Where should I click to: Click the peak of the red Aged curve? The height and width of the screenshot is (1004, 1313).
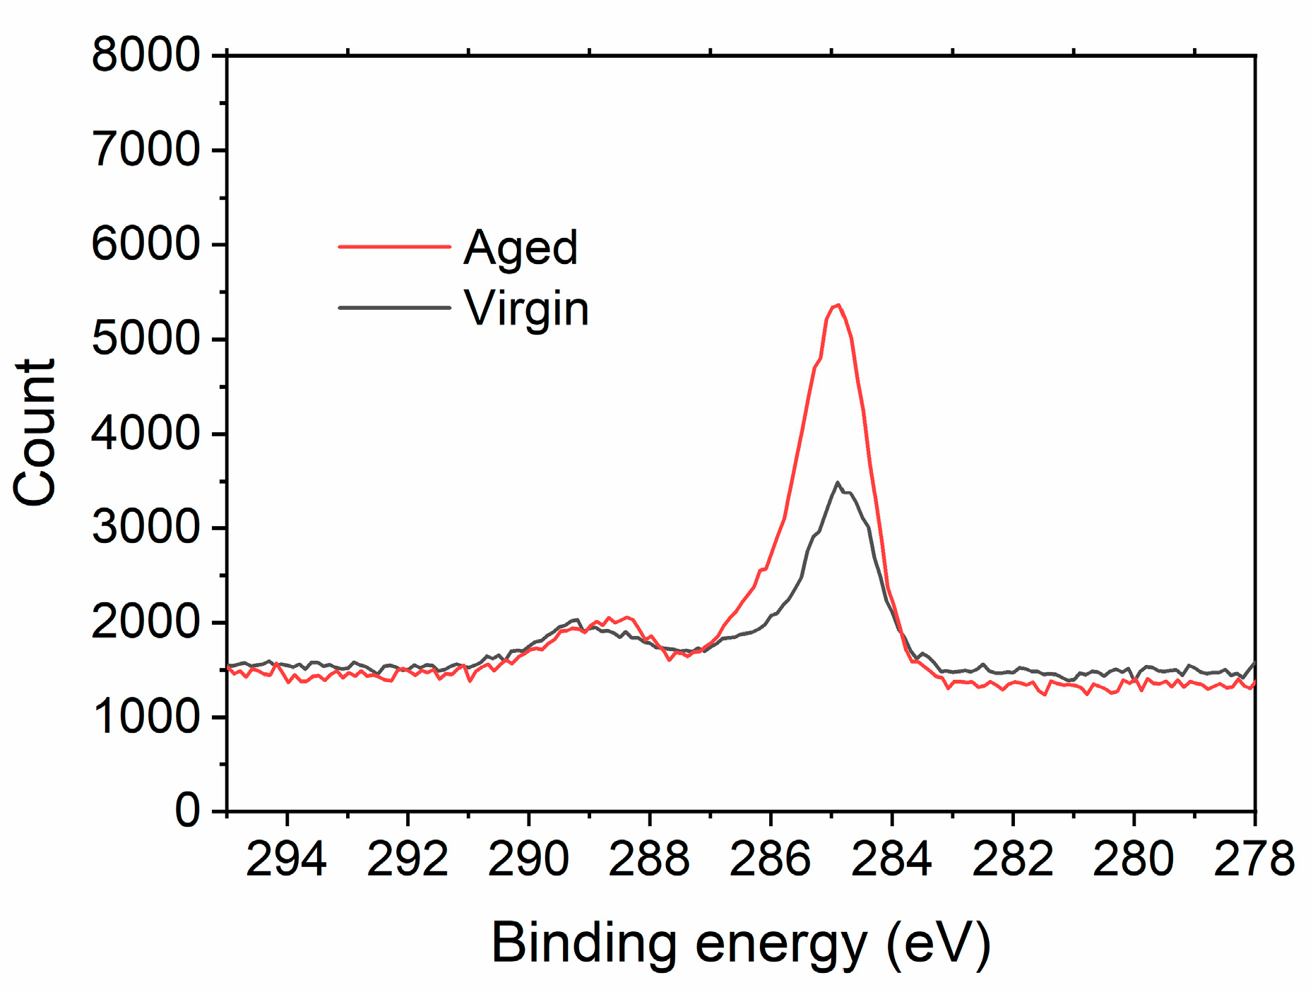[838, 305]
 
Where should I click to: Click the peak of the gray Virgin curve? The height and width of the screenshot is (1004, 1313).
[838, 483]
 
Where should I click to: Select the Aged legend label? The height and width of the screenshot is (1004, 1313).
[521, 248]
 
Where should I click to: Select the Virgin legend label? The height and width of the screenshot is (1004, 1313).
[526, 309]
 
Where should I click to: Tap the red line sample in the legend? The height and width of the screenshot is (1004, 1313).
[394, 246]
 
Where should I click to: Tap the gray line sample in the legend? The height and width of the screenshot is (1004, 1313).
[394, 308]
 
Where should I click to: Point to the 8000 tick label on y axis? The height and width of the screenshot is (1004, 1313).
[145, 55]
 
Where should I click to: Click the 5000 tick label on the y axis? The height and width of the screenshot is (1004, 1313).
[145, 339]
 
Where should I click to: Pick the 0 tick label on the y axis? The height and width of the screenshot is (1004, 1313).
[187, 810]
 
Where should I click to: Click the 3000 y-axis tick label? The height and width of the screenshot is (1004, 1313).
[145, 527]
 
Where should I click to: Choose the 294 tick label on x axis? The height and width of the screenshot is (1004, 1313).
[286, 860]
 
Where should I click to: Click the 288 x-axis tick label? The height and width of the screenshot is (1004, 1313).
[649, 860]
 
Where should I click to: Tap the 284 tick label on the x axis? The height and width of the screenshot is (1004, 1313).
[891, 860]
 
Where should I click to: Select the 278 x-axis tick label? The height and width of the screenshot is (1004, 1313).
[1254, 860]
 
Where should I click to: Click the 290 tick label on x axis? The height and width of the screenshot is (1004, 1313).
[528, 860]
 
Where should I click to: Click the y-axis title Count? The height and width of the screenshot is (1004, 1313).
[35, 432]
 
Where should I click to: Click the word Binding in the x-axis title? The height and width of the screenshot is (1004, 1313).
[583, 943]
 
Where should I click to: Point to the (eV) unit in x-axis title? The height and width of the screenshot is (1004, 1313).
[939, 943]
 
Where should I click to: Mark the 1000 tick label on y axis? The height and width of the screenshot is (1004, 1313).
[145, 717]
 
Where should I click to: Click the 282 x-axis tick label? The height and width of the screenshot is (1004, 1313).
[1012, 860]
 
